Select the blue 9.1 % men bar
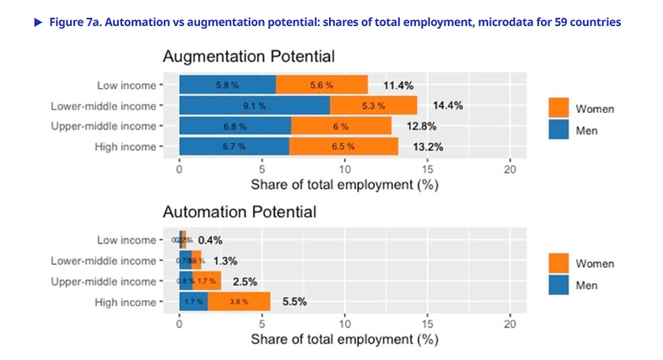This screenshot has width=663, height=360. click(254, 105)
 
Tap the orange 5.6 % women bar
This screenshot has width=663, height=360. click(321, 85)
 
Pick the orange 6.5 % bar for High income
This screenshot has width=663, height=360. click(343, 146)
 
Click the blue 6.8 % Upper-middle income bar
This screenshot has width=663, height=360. click(234, 126)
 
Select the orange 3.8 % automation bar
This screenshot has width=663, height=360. click(239, 301)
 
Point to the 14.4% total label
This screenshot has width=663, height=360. click(448, 106)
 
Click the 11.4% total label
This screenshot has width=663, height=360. click(398, 85)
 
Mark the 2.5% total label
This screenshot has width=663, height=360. click(245, 282)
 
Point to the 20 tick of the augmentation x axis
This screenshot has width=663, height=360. click(509, 168)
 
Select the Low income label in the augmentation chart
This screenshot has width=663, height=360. click(127, 85)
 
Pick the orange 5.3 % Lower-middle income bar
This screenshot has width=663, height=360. click(373, 105)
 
